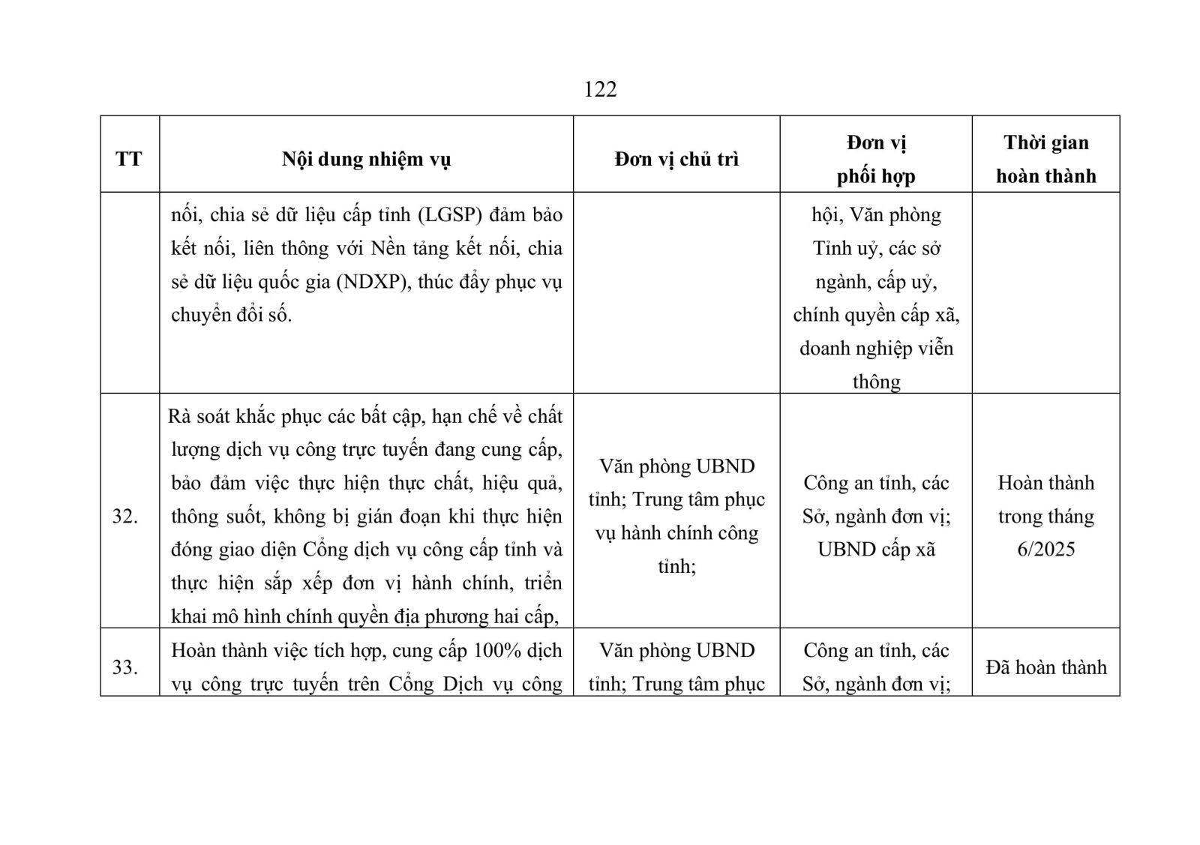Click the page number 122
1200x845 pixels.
(600, 89)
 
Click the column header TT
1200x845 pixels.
(129, 159)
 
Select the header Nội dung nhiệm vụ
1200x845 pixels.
(366, 159)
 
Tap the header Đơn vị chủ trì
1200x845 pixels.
(676, 159)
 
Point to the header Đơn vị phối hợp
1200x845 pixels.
(876, 159)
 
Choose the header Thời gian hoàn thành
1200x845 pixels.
(1045, 159)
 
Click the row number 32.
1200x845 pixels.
(124, 517)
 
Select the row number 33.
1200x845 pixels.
(124, 667)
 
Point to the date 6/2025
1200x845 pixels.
(1045, 550)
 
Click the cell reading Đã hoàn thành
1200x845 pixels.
(1045, 667)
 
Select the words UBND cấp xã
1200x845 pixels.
(876, 550)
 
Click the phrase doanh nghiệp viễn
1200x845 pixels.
(876, 349)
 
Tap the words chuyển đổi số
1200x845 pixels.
(231, 315)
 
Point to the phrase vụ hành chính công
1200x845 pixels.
(676, 533)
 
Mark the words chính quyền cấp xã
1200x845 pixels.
(876, 315)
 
